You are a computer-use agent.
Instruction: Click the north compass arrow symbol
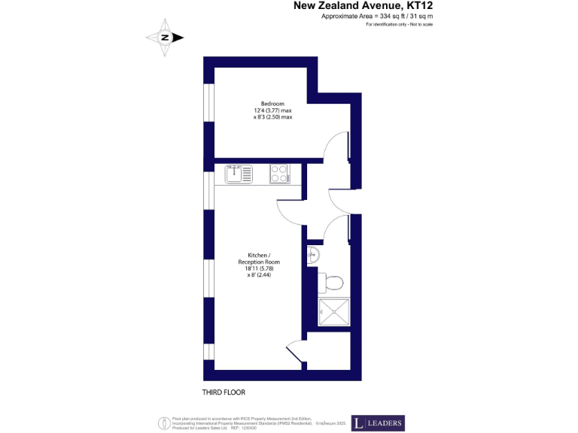165,38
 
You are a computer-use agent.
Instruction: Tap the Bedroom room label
272,103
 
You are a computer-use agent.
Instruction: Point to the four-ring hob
279,174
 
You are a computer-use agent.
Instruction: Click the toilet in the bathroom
332,283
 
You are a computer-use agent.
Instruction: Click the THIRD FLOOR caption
224,392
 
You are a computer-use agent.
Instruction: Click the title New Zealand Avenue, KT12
363,6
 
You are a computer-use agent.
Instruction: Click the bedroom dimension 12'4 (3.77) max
272,111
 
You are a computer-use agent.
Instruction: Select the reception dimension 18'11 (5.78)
258,268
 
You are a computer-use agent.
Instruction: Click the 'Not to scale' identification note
399,25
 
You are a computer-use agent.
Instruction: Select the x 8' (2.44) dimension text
258,275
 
